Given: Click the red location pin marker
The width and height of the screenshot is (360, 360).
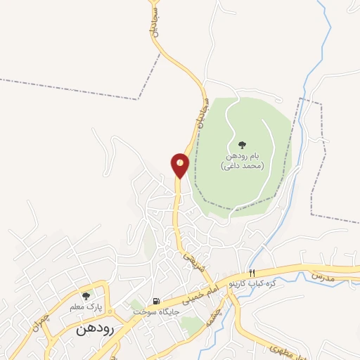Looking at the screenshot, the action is point(180,165).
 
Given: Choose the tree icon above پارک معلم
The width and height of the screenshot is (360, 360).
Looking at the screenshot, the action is point(86,296).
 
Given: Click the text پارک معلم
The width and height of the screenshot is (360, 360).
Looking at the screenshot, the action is point(85,307).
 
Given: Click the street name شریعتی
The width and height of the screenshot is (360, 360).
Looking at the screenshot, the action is point(194,264).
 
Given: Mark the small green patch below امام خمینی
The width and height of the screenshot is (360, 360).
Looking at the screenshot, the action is point(189,324).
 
